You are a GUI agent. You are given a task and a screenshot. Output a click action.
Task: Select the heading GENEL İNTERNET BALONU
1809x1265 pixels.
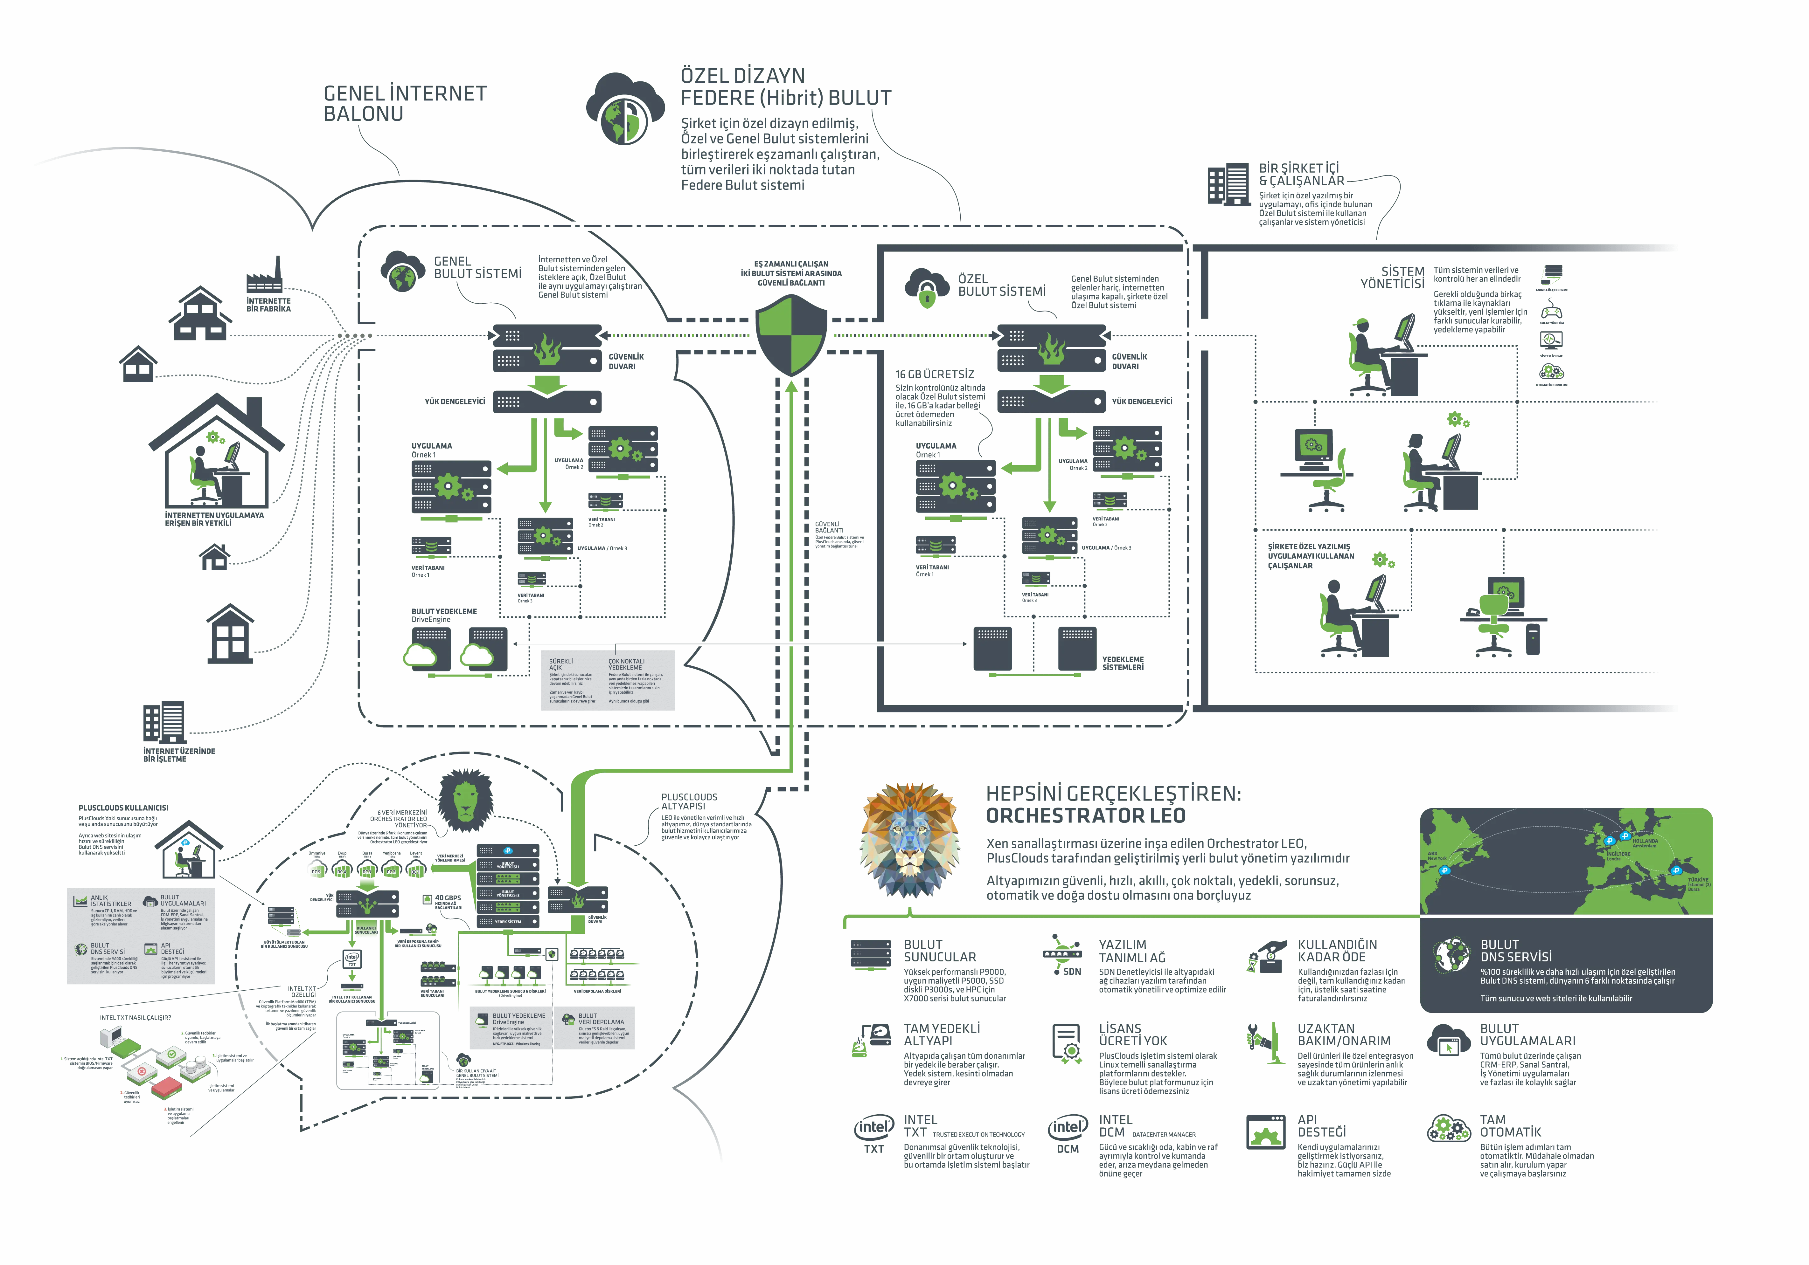click(x=405, y=103)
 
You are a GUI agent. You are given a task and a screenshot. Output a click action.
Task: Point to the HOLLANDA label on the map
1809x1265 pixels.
click(x=1645, y=841)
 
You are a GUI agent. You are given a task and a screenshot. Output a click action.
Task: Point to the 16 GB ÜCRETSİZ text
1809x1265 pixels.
click(x=935, y=374)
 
